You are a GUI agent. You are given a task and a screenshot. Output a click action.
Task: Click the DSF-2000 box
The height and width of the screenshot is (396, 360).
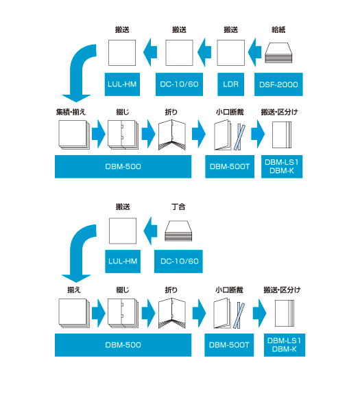click(278, 84)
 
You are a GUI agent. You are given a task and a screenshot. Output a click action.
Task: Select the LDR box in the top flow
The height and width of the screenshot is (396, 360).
click(230, 84)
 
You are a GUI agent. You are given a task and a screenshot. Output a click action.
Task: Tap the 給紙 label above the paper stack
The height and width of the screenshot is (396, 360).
click(278, 30)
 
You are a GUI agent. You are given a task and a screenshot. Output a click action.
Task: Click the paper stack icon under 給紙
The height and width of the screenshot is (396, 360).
click(278, 53)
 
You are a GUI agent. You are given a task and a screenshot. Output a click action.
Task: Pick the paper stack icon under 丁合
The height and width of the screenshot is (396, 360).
click(178, 231)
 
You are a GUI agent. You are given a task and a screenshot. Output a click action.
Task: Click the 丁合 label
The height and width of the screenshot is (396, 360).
click(178, 207)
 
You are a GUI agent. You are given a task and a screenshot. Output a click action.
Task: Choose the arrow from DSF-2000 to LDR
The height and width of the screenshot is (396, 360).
click(255, 52)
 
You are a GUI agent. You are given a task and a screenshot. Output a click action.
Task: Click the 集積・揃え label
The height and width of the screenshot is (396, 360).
click(71, 112)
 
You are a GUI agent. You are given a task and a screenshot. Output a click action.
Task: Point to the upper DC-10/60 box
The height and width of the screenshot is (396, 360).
click(179, 84)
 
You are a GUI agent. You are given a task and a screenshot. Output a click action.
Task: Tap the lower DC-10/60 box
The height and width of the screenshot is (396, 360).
click(178, 261)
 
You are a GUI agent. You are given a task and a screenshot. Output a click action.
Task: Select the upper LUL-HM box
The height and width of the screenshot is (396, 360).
click(122, 84)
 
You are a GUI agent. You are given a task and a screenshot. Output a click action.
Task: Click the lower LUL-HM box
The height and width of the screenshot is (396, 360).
click(123, 261)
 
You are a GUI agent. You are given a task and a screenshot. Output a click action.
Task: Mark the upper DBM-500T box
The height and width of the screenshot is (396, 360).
click(230, 167)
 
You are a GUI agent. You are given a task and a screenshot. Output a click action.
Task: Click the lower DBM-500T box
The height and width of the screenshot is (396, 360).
click(229, 345)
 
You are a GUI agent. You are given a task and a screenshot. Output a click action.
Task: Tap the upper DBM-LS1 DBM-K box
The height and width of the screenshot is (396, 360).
click(282, 167)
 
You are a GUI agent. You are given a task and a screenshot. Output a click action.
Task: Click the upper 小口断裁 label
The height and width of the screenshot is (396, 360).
click(230, 112)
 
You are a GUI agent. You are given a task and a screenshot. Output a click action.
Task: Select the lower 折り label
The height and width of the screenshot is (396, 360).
click(171, 290)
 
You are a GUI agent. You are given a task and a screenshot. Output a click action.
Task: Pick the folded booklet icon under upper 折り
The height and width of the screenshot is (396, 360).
click(172, 135)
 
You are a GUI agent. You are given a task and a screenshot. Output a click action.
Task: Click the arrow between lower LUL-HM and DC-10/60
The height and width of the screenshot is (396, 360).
click(150, 231)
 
